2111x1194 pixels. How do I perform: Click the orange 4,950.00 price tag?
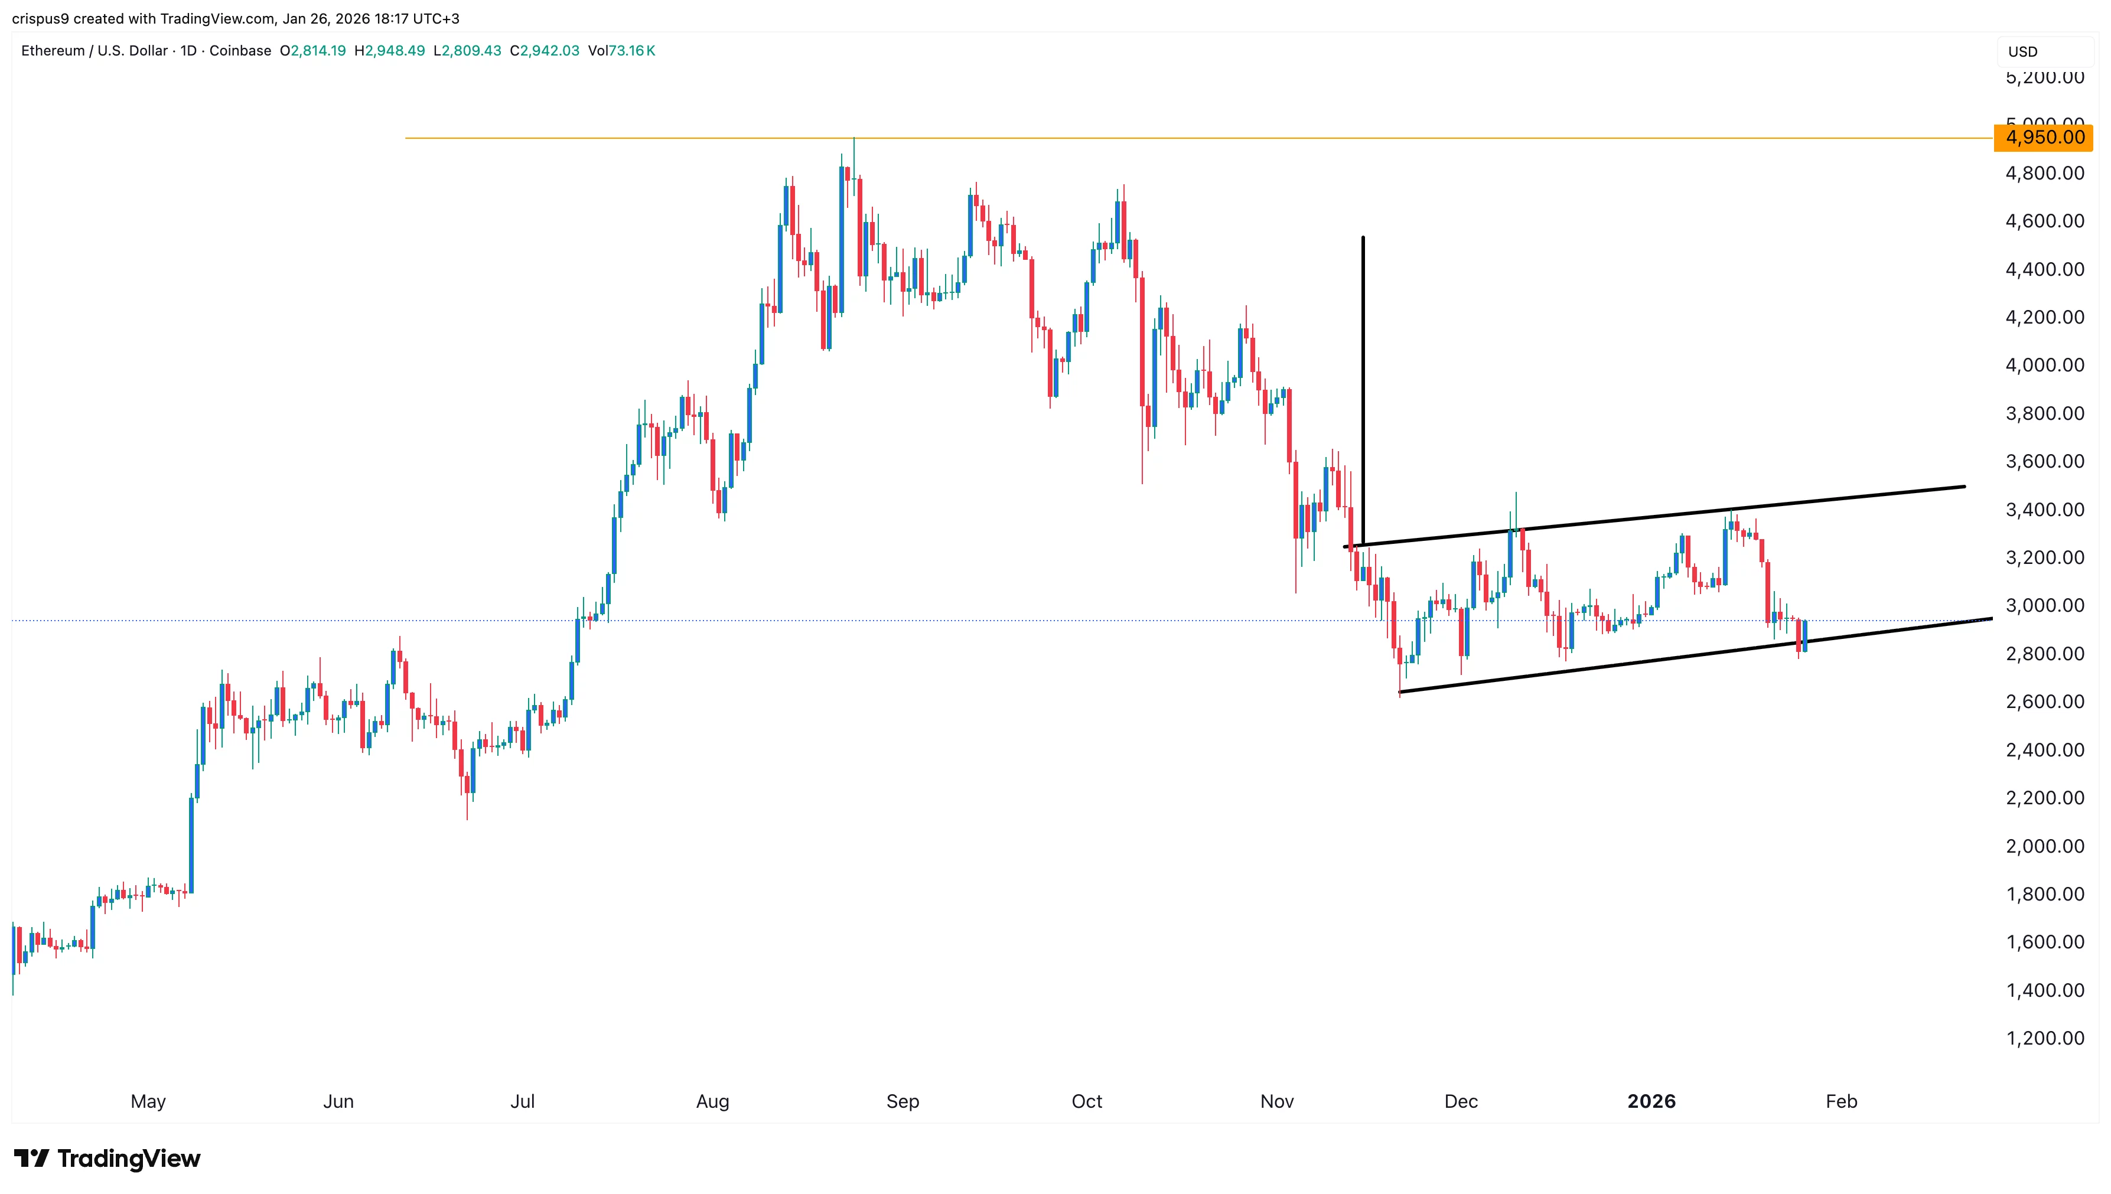(2043, 137)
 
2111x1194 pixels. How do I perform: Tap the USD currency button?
(2022, 51)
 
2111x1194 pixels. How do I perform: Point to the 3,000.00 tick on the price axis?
(2044, 605)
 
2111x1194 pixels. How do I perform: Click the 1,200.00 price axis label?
(2044, 1038)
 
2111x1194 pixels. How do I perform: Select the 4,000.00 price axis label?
(2044, 365)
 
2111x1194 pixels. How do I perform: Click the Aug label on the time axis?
(712, 1101)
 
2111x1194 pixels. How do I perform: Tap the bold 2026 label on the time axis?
(1651, 1101)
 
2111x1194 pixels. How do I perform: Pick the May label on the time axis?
(148, 1101)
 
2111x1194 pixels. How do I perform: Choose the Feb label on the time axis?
(1841, 1101)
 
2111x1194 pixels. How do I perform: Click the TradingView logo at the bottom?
(107, 1158)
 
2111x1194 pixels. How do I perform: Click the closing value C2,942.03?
(545, 51)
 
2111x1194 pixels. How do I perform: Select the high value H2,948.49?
(390, 51)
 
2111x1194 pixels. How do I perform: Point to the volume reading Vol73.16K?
(621, 51)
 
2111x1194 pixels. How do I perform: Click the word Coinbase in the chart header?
(240, 51)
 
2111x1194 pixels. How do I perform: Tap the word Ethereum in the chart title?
(53, 51)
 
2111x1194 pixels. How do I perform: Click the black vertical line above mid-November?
(1363, 386)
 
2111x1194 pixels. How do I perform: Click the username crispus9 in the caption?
(40, 18)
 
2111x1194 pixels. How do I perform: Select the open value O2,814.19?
(312, 51)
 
